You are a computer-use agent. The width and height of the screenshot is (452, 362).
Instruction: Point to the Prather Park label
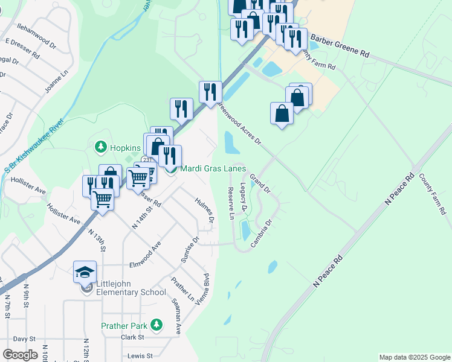tap(124, 326)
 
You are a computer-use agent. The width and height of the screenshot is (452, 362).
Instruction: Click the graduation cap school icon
tap(85, 272)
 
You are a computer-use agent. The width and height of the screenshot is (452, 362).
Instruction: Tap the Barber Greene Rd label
tap(339, 45)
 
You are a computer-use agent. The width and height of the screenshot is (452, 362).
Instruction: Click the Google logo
tap(20, 355)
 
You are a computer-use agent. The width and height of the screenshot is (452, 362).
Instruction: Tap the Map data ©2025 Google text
tap(414, 357)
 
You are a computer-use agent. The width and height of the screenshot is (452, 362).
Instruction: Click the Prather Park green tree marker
tap(157, 325)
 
